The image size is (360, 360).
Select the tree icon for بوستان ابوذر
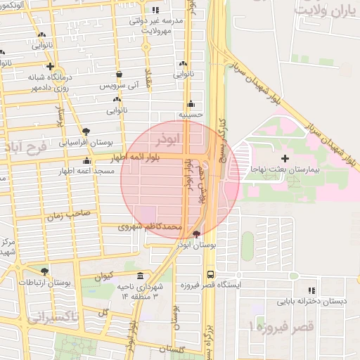pyautogui.click(x=196, y=234)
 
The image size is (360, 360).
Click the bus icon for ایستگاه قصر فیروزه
pyautogui.click(x=210, y=275)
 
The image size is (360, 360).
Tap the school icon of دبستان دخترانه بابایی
pyautogui.click(x=311, y=290)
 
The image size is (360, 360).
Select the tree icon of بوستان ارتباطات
pyautogui.click(x=45, y=271)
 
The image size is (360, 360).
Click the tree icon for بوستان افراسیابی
pyautogui.click(x=86, y=131)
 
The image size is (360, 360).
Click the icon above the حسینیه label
pyautogui.click(x=191, y=103)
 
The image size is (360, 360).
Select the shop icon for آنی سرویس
pyautogui.click(x=119, y=74)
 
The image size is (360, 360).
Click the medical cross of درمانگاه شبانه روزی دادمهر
pyautogui.click(x=50, y=66)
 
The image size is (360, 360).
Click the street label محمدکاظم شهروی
pyautogui.click(x=152, y=227)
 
